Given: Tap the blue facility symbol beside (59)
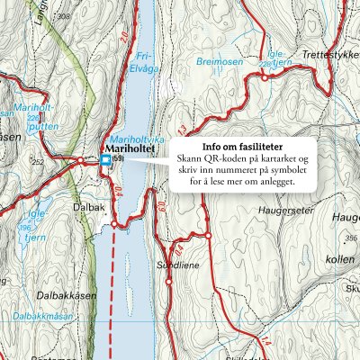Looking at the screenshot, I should [106, 160].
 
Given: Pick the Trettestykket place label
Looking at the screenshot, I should [329, 56].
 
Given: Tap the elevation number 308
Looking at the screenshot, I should [62, 17].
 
